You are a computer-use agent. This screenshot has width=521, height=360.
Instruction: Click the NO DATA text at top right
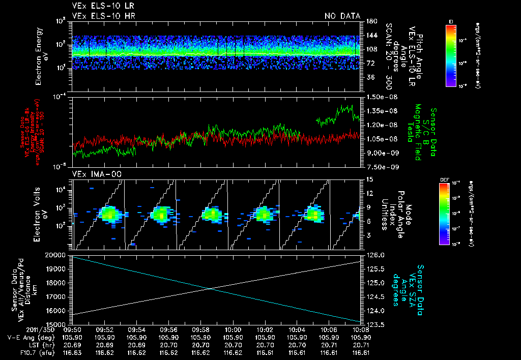click(x=342, y=16)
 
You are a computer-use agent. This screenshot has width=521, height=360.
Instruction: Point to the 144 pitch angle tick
click(x=370, y=35)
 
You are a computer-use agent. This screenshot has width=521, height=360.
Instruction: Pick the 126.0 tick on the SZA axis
click(x=374, y=255)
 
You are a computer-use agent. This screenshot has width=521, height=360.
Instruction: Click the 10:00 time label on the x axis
click(x=233, y=329)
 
